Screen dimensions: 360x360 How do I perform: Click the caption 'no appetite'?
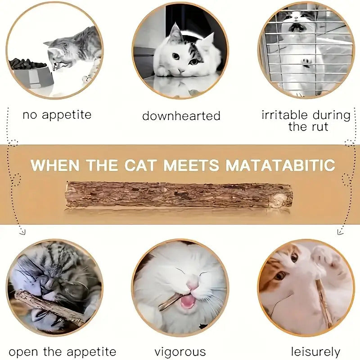(x=57, y=115)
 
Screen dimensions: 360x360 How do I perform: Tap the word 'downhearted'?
(x=181, y=116)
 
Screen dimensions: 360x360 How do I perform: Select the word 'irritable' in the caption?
(x=284, y=115)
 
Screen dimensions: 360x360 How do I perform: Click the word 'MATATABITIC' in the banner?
(x=280, y=165)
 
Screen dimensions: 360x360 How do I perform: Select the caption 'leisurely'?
(x=315, y=351)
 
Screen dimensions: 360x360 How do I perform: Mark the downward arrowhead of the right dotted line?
(x=340, y=232)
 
